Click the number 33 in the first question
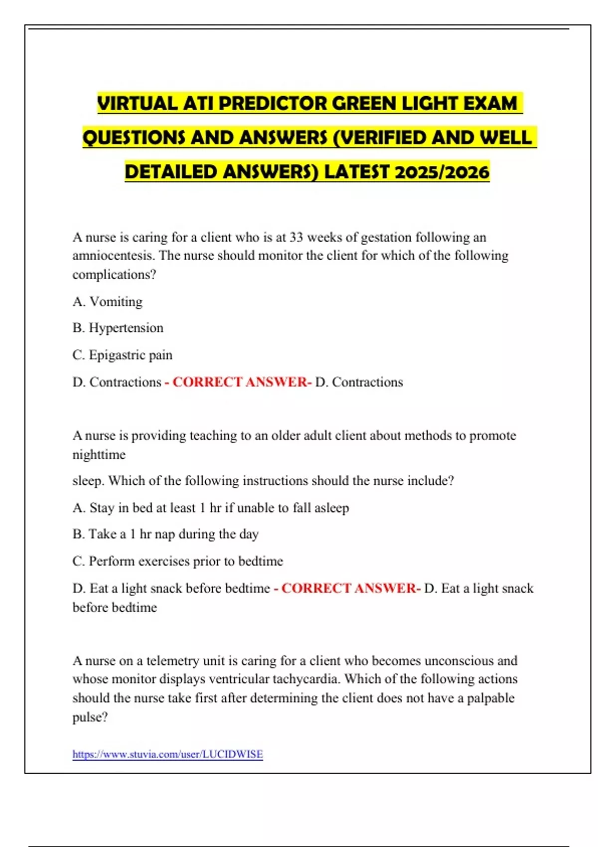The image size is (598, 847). point(296,237)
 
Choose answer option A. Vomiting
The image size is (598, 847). point(108,301)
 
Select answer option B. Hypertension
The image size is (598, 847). point(118,328)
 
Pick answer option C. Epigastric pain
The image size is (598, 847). point(123,355)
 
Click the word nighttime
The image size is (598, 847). point(99,454)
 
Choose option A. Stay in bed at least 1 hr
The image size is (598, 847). point(211,508)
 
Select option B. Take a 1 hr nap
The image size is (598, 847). point(165,534)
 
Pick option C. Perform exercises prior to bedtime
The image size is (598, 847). point(178,561)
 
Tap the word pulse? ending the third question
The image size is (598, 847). point(90,717)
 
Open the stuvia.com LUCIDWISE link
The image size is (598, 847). point(167,754)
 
